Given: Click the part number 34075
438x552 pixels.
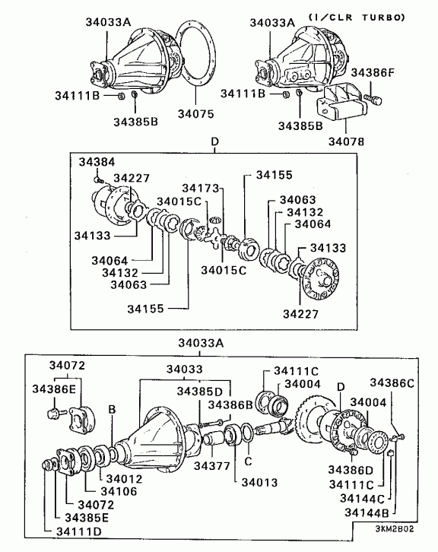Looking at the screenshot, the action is [x=195, y=114].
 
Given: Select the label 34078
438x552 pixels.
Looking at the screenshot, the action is [x=346, y=141].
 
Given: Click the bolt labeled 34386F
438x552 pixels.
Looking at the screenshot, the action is [x=373, y=99].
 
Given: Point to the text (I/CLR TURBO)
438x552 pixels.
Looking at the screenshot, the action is [x=357, y=17].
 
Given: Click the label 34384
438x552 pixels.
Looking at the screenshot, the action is [x=97, y=162].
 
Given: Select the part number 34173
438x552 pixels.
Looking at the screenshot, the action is [x=200, y=188].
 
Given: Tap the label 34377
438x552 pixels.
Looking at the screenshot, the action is [x=211, y=466].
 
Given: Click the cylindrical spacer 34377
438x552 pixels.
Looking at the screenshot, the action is [x=213, y=439].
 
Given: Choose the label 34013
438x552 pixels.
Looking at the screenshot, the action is [x=259, y=482].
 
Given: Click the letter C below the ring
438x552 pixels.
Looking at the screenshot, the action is [x=248, y=462].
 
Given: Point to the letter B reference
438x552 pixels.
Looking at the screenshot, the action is [x=112, y=409].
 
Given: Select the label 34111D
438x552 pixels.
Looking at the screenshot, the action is [x=78, y=531].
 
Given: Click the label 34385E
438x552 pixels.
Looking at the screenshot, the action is [x=87, y=518].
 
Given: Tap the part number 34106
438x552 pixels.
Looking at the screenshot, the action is [x=119, y=491].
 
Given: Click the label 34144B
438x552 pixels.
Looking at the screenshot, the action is [x=367, y=512].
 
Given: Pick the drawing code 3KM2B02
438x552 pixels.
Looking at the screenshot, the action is [x=395, y=529].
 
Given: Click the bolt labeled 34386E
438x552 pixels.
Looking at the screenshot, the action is [x=56, y=412].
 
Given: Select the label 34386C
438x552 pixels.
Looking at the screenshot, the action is [x=392, y=383].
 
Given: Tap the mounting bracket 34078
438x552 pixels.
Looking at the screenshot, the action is [x=339, y=102].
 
